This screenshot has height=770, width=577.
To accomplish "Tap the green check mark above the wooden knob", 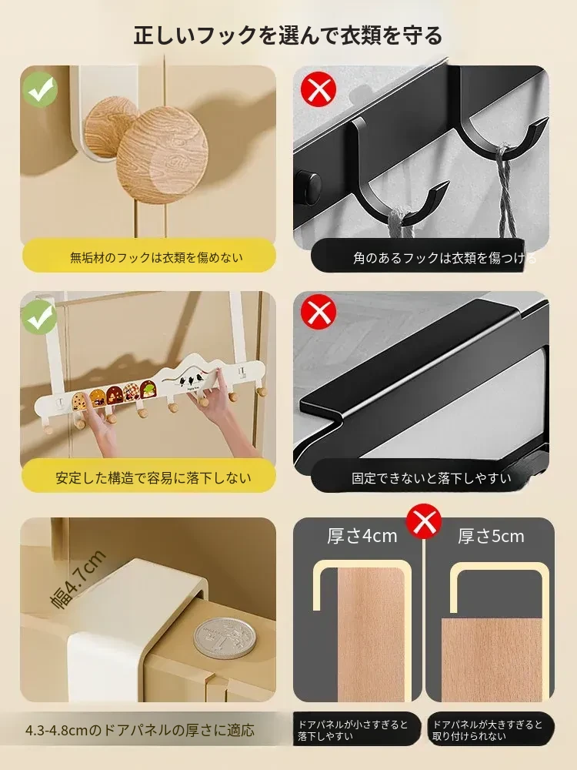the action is click(x=40, y=90).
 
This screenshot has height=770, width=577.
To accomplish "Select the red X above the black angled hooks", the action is click(x=319, y=89).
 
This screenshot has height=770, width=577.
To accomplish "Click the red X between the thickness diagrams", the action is click(x=424, y=521).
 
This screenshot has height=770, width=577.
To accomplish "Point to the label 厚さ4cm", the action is click(x=362, y=536).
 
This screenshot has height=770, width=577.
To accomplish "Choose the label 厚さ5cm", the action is click(x=491, y=536).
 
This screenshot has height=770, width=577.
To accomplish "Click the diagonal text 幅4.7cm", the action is click(x=78, y=580).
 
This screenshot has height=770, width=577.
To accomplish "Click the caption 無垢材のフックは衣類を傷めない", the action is click(x=156, y=257).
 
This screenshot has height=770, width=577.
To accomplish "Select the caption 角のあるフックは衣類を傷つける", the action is click(x=445, y=258).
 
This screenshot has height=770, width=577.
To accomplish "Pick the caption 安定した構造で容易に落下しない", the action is click(x=153, y=478).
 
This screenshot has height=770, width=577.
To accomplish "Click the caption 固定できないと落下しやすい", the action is click(x=432, y=478).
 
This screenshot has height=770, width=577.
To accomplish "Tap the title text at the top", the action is click(x=288, y=35).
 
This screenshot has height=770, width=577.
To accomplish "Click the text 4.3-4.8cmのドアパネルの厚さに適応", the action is click(x=140, y=730).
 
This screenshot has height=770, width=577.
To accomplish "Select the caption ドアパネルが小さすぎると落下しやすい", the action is click(x=353, y=730).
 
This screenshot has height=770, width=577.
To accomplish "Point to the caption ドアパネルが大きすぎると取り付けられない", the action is click(x=487, y=730).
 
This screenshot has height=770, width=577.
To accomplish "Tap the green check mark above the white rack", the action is click(x=40, y=318).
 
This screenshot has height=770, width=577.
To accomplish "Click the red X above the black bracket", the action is click(x=319, y=312).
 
